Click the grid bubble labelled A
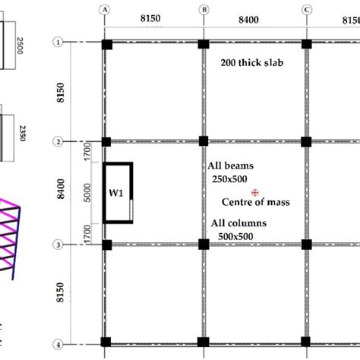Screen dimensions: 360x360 click(106, 10)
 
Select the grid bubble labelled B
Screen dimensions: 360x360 click(204, 10)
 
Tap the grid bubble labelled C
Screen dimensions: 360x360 click(306, 10)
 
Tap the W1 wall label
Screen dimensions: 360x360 click(115, 193)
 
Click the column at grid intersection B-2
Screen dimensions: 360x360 click(204, 141)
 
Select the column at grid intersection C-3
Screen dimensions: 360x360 click(306, 244)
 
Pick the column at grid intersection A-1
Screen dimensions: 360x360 click(106, 43)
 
